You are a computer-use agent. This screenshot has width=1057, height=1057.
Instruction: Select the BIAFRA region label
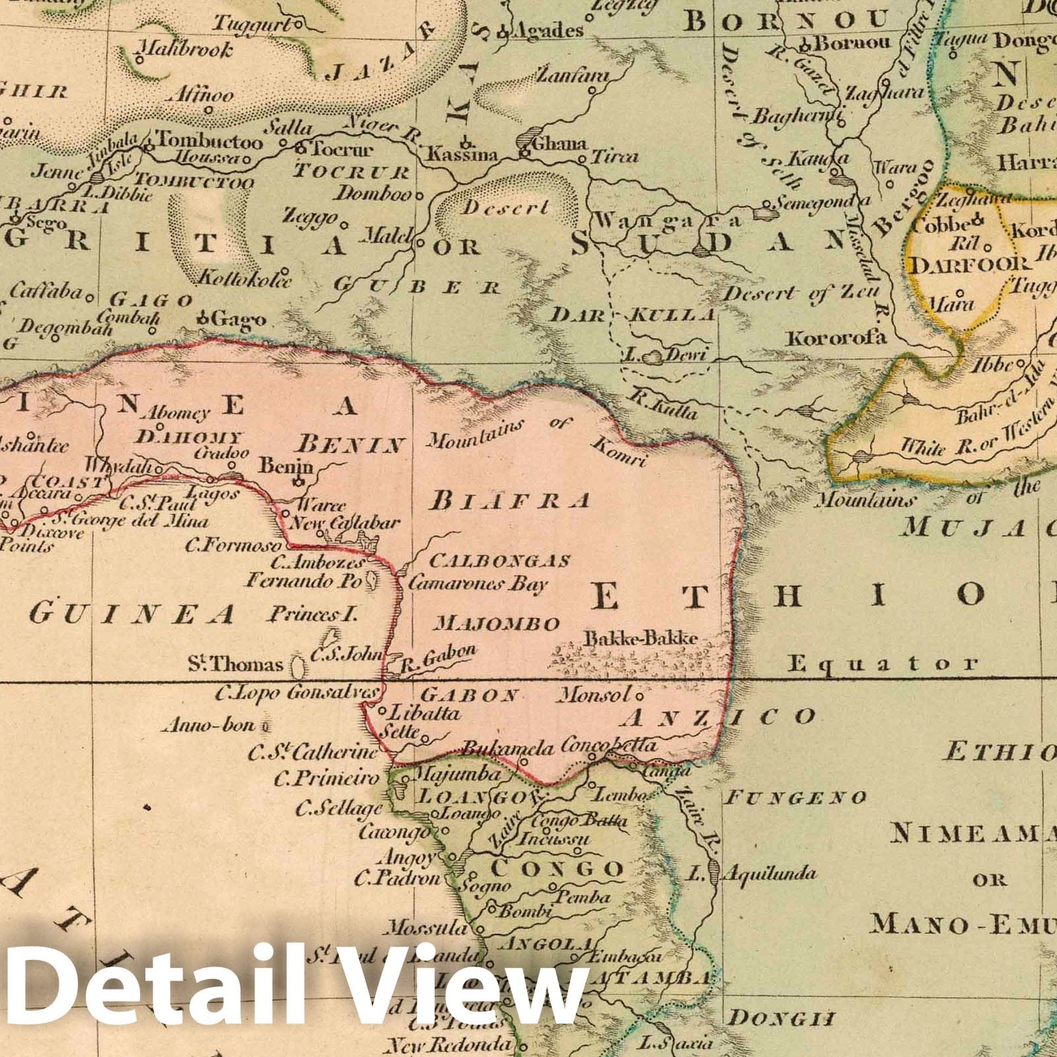[509, 501]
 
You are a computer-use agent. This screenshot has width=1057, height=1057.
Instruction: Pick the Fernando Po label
[302, 582]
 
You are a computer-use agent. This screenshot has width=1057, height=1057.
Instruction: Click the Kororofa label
[835, 338]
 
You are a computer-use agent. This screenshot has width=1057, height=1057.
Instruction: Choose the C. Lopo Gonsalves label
[298, 693]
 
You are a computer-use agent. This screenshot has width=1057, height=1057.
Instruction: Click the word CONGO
[558, 868]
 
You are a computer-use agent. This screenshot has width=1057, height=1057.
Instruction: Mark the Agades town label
[548, 30]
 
